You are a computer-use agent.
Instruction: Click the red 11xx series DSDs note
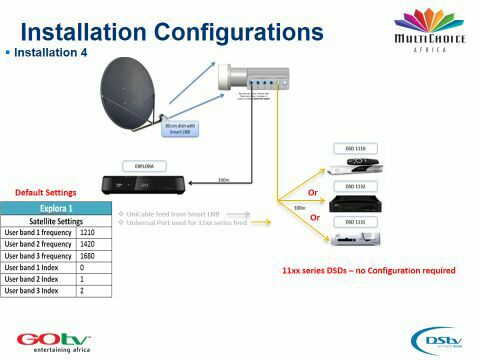(369, 271)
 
